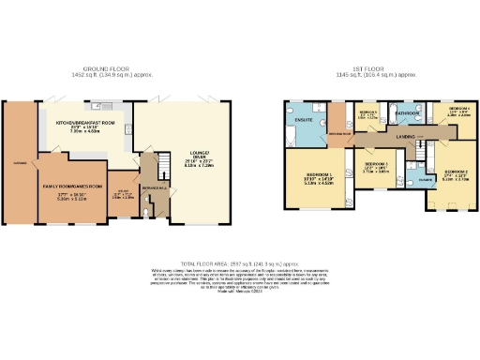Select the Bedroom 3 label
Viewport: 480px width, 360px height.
click(375, 166)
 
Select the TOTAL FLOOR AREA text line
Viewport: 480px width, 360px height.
click(240, 263)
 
